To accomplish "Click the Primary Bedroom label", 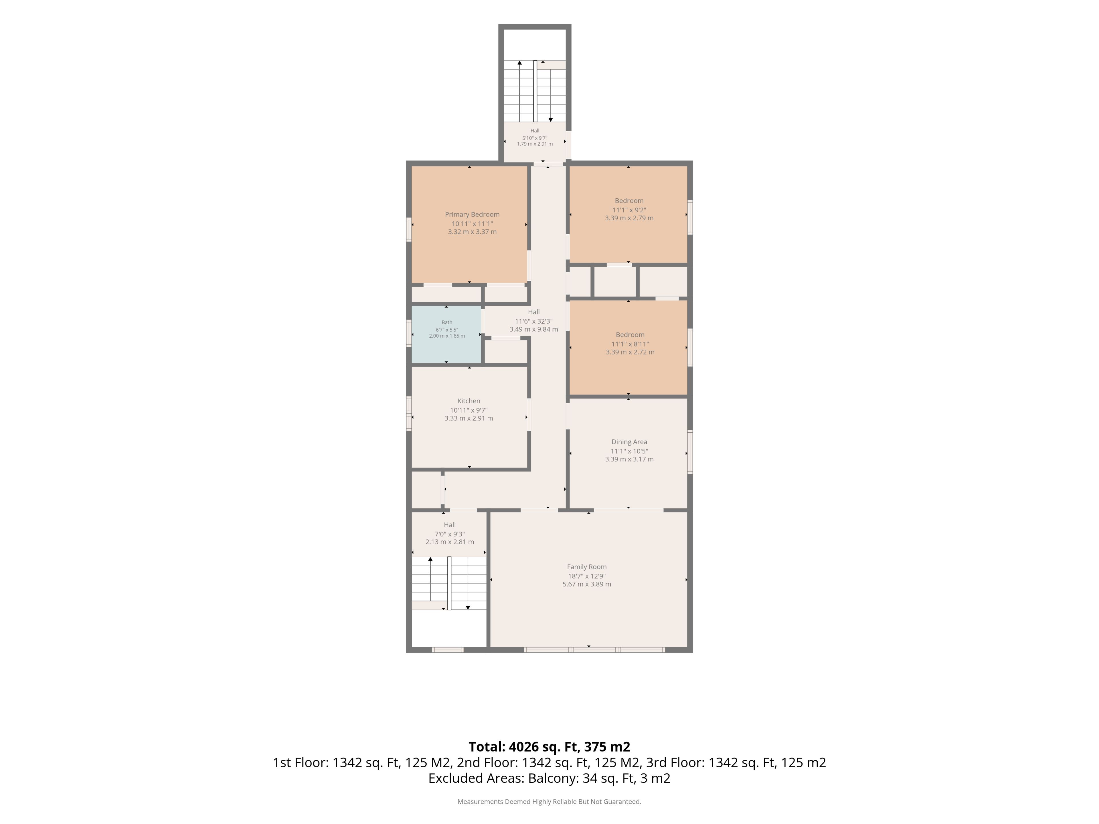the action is coord(472,215).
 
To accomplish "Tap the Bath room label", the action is coord(447,322).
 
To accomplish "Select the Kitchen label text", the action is coord(469,401).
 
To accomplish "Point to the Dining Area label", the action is coord(629,441).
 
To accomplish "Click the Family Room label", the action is coord(587,567).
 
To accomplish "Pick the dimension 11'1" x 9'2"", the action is coord(629,210).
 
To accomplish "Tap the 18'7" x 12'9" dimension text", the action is coord(587,576).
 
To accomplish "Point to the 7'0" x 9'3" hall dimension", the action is coord(450,534).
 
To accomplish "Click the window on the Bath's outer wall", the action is coord(409,333).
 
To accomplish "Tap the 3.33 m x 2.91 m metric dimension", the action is coord(469,418).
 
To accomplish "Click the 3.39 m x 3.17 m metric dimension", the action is coord(629,459).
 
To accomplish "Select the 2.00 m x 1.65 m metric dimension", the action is coord(447,336).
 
